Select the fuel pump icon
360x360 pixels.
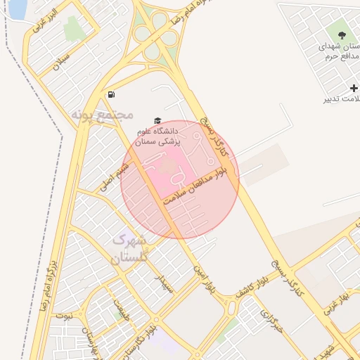pyautogui.click(x=111, y=95)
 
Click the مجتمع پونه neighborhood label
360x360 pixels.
pyautogui.click(x=103, y=112)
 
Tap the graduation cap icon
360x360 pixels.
pyautogui.click(x=157, y=121)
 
